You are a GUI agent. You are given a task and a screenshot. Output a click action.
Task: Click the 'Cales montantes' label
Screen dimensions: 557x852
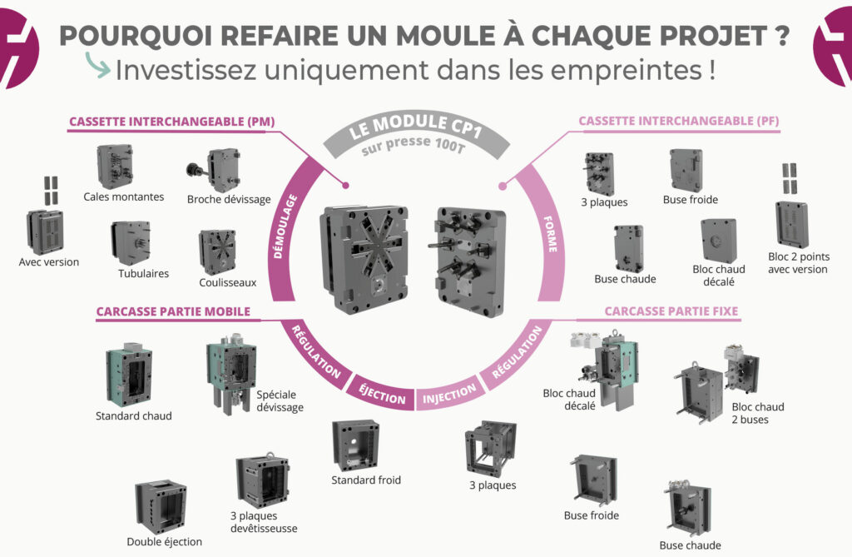pyautogui.click(x=124, y=197)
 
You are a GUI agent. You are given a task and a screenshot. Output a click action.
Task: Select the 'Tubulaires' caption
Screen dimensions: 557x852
pyautogui.click(x=143, y=273)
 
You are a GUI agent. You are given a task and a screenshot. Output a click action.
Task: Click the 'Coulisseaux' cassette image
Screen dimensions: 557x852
pyautogui.click(x=216, y=251)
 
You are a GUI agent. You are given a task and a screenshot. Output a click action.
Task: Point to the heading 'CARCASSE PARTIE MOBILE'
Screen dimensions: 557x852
pyautogui.click(x=173, y=312)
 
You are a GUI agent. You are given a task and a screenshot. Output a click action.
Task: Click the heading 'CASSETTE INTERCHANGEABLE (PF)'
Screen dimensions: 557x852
pyautogui.click(x=678, y=122)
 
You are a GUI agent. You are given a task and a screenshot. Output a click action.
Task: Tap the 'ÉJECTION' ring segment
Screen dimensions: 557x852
pyautogui.click(x=383, y=393)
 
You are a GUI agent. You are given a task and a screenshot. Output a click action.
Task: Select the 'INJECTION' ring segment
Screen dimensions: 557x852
pyautogui.click(x=449, y=393)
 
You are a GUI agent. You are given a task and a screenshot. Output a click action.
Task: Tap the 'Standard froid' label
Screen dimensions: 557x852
pyautogui.click(x=366, y=480)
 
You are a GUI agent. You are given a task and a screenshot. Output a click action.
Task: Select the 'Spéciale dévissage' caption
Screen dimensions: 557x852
pyautogui.click(x=280, y=401)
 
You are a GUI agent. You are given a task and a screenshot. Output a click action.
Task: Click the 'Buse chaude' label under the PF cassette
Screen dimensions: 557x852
pyautogui.click(x=625, y=279)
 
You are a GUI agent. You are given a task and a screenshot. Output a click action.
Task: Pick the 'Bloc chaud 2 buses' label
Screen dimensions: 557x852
pyautogui.click(x=758, y=413)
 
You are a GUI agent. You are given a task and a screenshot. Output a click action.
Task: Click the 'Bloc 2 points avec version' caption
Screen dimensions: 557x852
pyautogui.click(x=799, y=263)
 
